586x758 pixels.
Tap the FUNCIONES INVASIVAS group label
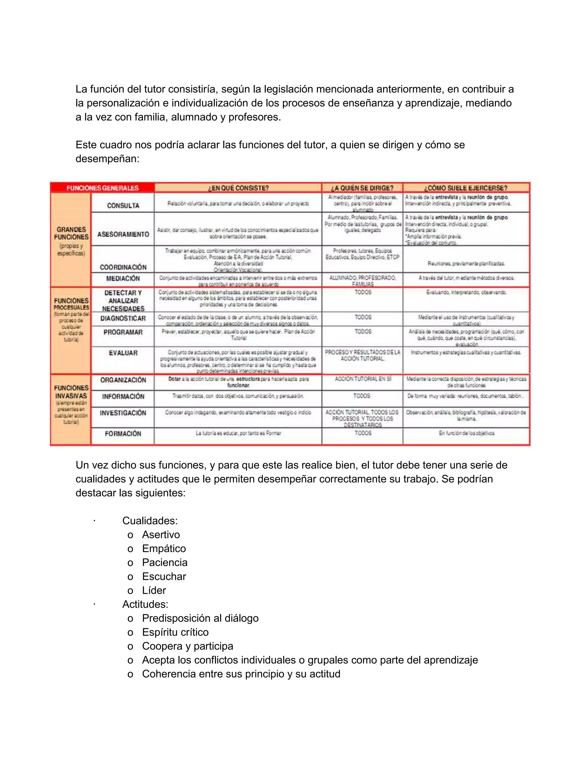click(x=71, y=392)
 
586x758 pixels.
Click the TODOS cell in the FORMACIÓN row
click(x=363, y=433)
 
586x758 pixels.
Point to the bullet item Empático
click(x=164, y=548)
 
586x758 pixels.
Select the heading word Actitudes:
click(x=145, y=604)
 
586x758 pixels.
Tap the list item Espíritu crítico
click(x=175, y=632)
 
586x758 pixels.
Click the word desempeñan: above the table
click(x=107, y=159)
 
